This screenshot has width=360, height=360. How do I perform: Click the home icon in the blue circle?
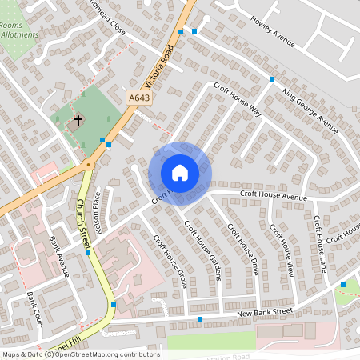(x=180, y=173)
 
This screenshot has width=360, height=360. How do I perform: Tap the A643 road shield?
(x=139, y=97)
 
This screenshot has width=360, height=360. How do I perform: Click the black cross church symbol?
(x=78, y=122)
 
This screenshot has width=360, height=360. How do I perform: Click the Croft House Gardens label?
(x=203, y=250)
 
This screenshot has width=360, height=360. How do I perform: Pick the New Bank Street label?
(x=266, y=313)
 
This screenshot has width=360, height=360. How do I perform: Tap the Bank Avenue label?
(x=60, y=254)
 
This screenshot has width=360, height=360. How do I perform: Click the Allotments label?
(x=19, y=35)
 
